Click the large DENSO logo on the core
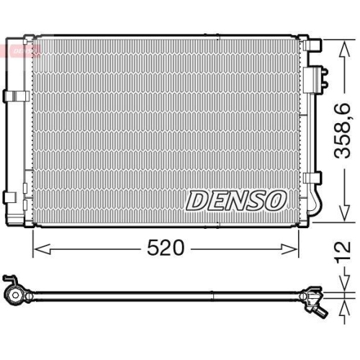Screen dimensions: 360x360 coord(237,201)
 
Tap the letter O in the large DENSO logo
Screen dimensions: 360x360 coord(276,201)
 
